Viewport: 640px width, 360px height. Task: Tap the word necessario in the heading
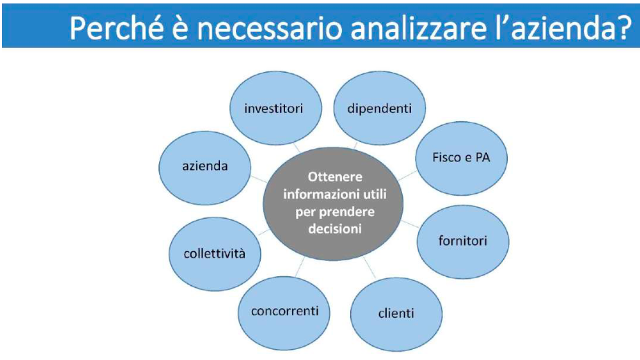(x=270, y=28)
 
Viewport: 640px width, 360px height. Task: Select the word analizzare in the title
(x=419, y=28)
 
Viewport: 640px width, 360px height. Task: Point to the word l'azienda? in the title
(x=564, y=28)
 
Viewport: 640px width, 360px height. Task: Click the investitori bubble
(x=275, y=108)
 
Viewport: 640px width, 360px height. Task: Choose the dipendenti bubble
(x=380, y=108)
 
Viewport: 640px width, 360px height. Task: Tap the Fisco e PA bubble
(x=461, y=158)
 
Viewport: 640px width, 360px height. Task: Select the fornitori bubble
(x=463, y=242)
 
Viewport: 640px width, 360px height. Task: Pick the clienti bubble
(x=396, y=314)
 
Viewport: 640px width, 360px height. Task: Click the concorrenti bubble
(x=284, y=313)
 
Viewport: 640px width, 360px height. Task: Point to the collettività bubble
(x=214, y=254)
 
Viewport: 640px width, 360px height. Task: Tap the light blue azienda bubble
(x=205, y=168)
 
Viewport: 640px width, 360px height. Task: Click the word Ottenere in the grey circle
(x=335, y=177)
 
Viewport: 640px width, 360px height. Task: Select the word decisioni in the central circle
(x=335, y=228)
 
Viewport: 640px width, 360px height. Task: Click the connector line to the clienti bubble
(x=369, y=268)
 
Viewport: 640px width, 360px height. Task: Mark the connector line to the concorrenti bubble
(x=300, y=267)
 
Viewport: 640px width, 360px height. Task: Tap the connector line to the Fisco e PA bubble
(x=408, y=175)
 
